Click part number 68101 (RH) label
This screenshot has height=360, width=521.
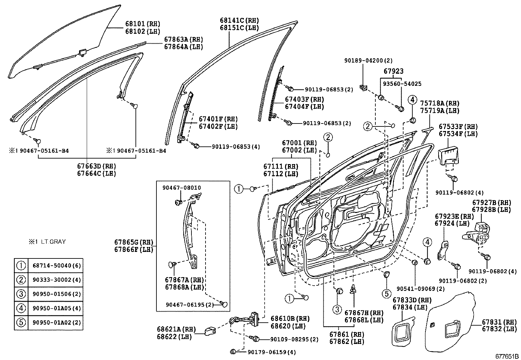coord(142,24)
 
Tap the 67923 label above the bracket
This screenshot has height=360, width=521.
coord(393,71)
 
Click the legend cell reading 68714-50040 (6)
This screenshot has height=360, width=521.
coord(56,266)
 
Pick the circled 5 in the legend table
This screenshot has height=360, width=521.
coord(21,322)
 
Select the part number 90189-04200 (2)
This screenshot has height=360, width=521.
coord(368,61)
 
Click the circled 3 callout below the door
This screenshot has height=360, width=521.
coord(337,309)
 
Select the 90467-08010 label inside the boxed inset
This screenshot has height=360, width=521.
coord(182,188)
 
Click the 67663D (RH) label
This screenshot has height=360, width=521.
coord(96,166)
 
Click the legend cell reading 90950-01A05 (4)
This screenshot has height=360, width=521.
coord(56,308)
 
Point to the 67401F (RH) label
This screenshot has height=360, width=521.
coord(218,119)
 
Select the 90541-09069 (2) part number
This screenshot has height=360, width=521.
coord(421,289)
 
